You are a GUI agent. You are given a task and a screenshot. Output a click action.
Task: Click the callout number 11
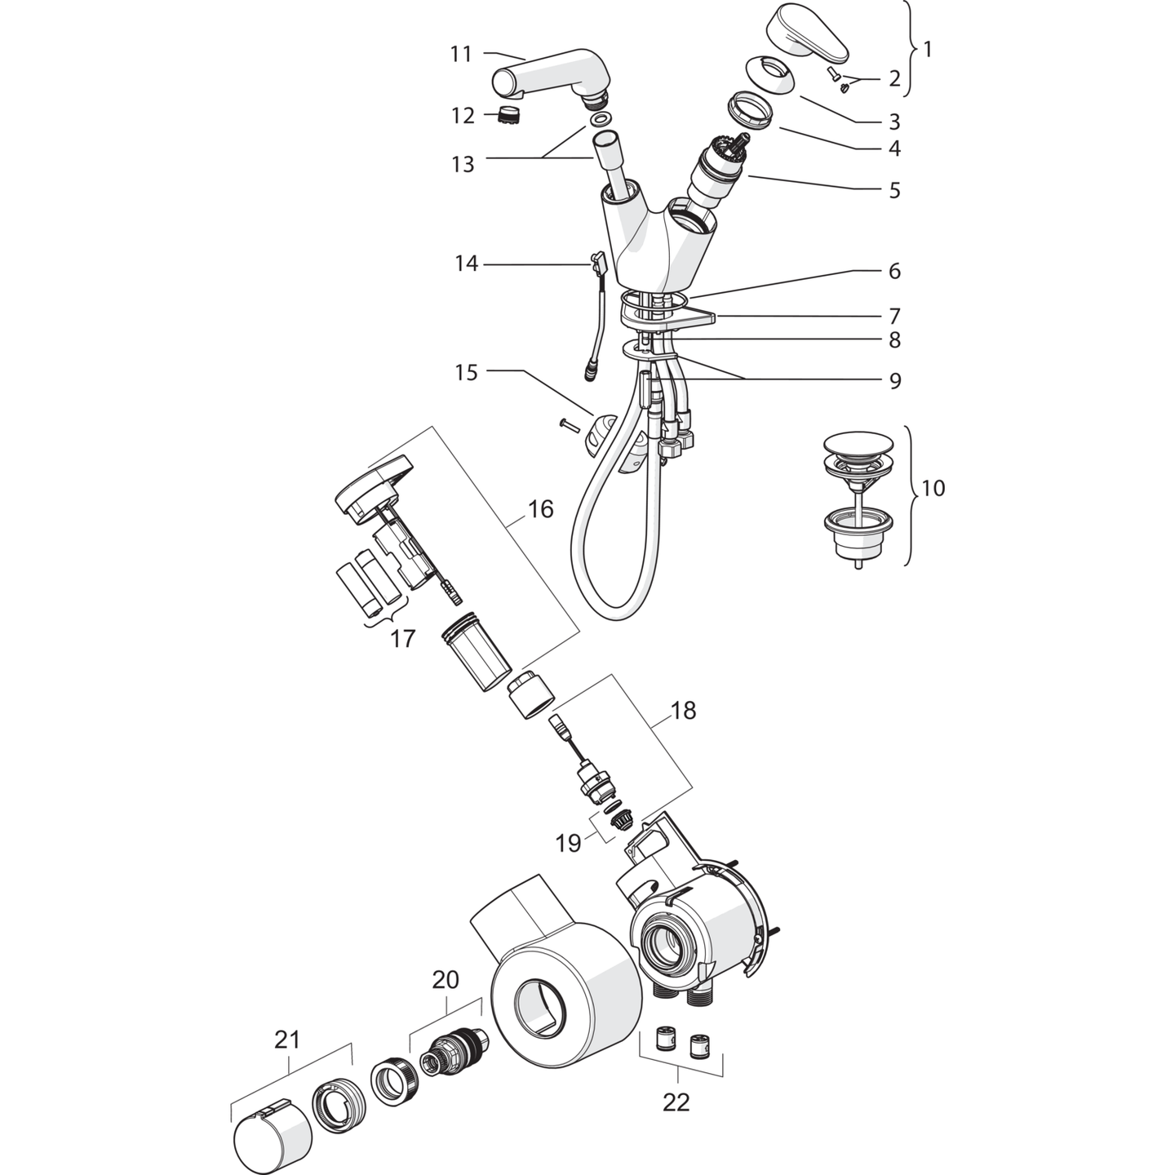point(462,55)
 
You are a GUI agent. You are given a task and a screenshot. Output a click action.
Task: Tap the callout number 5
point(894,189)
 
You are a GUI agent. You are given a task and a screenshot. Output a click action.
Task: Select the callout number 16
point(540,508)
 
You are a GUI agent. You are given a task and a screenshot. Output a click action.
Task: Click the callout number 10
point(933,488)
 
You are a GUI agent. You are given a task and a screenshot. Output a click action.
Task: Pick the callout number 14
point(467,264)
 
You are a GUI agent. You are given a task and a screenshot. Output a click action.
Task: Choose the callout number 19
point(568,844)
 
